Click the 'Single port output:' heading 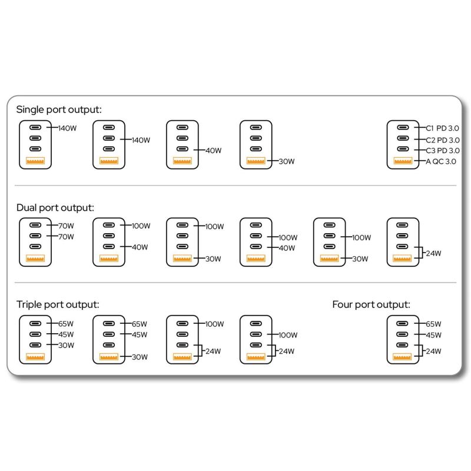pos(59,110)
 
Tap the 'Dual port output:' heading pos(55,208)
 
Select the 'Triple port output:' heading pos(58,304)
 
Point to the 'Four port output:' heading pos(372,304)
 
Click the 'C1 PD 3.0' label pos(443,128)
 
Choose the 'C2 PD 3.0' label pos(443,140)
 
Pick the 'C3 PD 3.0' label pos(443,151)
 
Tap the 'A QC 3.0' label pos(441,161)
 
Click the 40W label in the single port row pos(214,151)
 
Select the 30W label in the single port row pos(287,161)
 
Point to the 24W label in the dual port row pos(433,253)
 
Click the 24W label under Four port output pos(433,351)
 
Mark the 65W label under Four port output pos(433,324)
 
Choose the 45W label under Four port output pos(433,335)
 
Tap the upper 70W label pos(66,226)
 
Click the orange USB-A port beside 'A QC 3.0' pos(403,161)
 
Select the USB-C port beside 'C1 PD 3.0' pos(403,127)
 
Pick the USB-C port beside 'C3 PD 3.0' pos(403,149)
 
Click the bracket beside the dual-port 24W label pos(422,253)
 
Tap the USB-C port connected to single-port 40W pos(183,149)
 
